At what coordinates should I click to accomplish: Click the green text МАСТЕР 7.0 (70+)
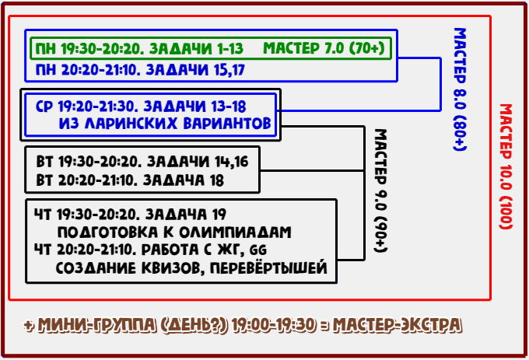point(324,48)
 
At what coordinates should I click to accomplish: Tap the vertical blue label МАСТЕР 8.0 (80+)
point(460,89)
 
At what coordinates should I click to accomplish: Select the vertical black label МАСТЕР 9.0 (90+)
point(381,190)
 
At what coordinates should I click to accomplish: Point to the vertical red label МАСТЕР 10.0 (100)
point(506,166)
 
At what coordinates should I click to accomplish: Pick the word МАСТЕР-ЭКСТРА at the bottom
point(397,325)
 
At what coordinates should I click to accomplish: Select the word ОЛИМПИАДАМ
point(235,232)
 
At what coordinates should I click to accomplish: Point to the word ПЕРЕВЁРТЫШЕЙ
point(268,267)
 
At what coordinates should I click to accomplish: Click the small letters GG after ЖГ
point(258,250)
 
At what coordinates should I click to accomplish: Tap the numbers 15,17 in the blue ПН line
point(229,70)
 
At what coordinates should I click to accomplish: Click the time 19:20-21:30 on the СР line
point(98,107)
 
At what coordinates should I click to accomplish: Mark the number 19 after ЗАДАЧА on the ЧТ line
point(219,214)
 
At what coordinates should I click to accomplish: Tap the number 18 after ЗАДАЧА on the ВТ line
point(216,180)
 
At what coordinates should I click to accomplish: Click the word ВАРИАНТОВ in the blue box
point(227,124)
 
